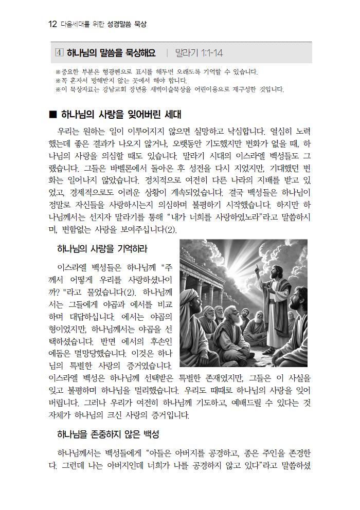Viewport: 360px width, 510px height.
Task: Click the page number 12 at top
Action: tap(51, 24)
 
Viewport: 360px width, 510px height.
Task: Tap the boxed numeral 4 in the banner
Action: tap(59, 53)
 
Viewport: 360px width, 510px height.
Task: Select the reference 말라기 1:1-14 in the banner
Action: tap(199, 53)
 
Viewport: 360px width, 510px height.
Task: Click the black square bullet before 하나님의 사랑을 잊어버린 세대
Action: tap(51, 114)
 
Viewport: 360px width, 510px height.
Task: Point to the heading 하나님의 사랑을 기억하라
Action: tap(102, 249)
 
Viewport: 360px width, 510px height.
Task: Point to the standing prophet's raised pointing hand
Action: tap(256, 267)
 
